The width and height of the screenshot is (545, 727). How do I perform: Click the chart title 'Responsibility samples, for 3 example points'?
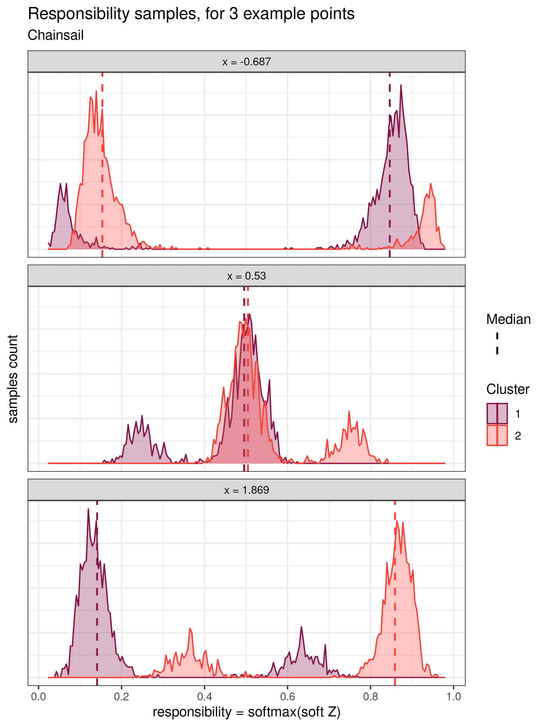(x=191, y=14)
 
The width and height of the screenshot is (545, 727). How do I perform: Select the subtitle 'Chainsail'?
(x=55, y=35)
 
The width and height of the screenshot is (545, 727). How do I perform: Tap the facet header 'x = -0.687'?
(x=246, y=62)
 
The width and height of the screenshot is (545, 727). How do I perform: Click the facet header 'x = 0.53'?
(x=246, y=276)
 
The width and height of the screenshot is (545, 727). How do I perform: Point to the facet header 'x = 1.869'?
(x=246, y=490)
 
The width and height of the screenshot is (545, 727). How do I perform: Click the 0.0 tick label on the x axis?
(x=38, y=697)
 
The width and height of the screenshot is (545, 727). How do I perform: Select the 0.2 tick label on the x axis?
(x=121, y=697)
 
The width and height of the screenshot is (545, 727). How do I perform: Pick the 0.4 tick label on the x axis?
(x=204, y=697)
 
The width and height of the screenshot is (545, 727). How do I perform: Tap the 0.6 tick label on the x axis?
(x=287, y=697)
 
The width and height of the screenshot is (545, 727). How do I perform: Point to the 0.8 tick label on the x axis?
(x=371, y=697)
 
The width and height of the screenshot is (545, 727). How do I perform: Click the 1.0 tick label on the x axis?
(x=453, y=697)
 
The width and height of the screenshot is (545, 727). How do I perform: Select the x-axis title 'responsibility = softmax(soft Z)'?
(x=246, y=712)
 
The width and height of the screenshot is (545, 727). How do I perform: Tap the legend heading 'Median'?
(x=508, y=320)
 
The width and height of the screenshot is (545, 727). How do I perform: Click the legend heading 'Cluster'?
(x=507, y=390)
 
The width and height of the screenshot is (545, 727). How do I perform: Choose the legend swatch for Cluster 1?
(x=497, y=414)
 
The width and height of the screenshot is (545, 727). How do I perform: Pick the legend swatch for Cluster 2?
(x=497, y=436)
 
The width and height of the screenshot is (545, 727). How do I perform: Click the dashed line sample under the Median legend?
(x=497, y=344)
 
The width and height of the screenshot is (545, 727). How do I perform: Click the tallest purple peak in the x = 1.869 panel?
(x=88, y=509)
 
